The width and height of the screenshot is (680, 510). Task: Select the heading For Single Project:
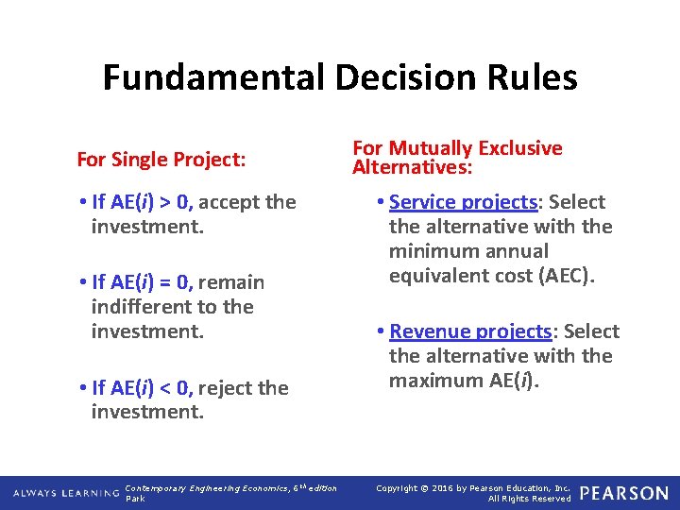pyautogui.click(x=161, y=160)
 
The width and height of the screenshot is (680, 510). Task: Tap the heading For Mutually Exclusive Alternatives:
pyautogui.click(x=457, y=158)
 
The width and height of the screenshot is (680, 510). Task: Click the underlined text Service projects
pyautogui.click(x=463, y=202)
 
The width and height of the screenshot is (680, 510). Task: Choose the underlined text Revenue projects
pyautogui.click(x=470, y=331)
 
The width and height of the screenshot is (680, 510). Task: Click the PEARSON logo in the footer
pyautogui.click(x=623, y=493)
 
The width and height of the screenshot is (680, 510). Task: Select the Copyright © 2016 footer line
pyautogui.click(x=473, y=487)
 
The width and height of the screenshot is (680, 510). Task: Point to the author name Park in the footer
pyautogui.click(x=135, y=499)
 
